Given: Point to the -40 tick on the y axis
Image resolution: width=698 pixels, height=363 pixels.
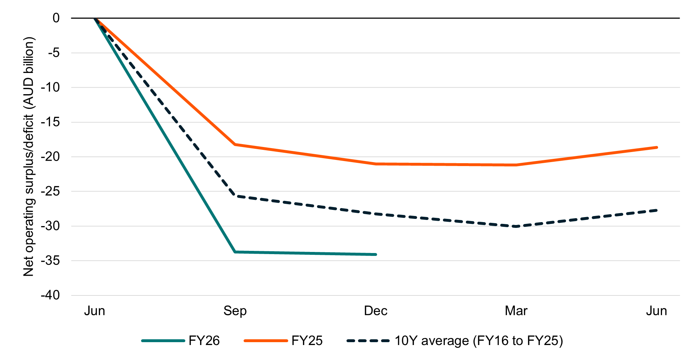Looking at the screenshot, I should (x=50, y=295).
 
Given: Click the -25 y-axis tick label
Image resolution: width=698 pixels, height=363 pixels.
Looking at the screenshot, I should (x=50, y=191).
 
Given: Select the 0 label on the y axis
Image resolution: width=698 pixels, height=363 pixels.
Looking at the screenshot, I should (x=56, y=18).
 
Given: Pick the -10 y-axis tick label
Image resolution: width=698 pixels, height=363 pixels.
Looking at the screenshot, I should (x=50, y=87).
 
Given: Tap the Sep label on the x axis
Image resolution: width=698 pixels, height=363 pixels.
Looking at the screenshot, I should (x=235, y=311).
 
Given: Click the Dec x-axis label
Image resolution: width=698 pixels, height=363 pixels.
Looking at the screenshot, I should (x=376, y=311).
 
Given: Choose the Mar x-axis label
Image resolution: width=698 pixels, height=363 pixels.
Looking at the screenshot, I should (x=516, y=311).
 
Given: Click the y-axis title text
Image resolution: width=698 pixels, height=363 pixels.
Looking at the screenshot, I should (x=29, y=156).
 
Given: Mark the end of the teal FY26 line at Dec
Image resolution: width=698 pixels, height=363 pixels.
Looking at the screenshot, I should (x=376, y=254).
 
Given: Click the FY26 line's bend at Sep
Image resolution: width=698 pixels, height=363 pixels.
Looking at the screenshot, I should (x=235, y=252).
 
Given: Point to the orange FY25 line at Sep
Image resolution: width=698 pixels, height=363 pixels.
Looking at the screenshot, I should (x=235, y=144).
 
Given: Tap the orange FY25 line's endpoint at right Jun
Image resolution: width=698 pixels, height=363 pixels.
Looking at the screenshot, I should (x=657, y=147).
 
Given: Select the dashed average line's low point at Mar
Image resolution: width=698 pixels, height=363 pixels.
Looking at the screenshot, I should (x=516, y=226).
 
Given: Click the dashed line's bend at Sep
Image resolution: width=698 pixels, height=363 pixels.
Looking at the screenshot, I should (x=235, y=196).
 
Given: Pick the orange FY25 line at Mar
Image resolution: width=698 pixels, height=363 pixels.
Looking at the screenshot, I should (x=516, y=165).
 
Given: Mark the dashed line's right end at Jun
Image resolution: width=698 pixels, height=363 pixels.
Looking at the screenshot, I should (x=657, y=210).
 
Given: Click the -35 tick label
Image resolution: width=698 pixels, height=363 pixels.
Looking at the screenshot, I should (x=50, y=261).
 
